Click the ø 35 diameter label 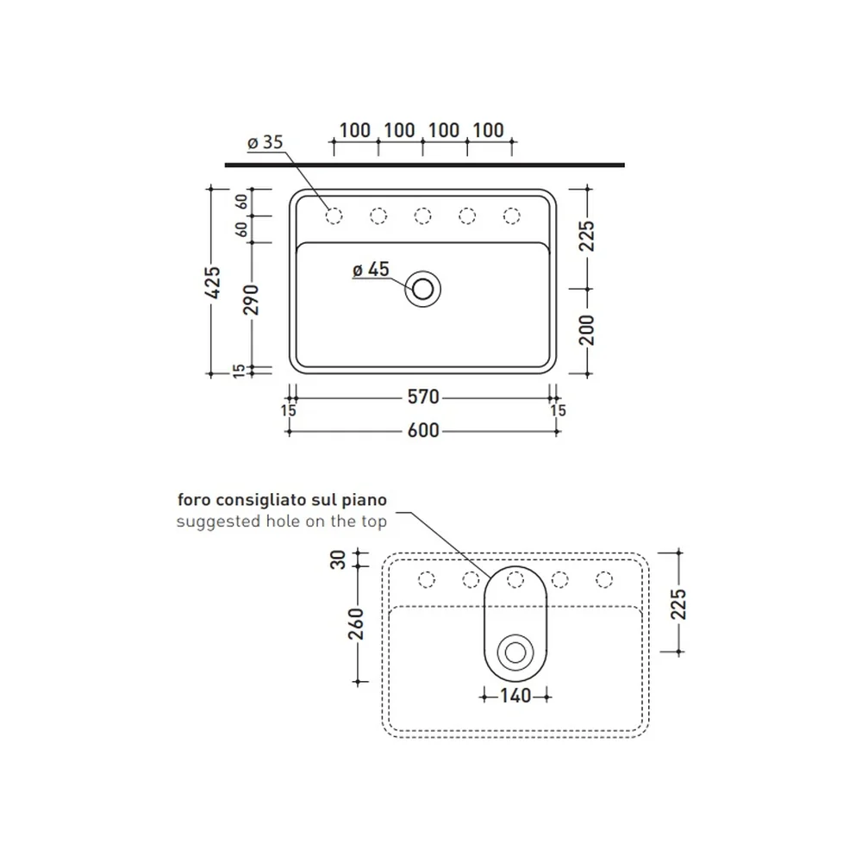(265, 142)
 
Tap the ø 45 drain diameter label (371, 269)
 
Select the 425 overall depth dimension (213, 283)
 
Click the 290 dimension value (251, 300)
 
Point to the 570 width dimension (423, 397)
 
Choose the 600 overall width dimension (423, 430)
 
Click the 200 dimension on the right (587, 330)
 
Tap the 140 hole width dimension (515, 696)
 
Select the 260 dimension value (356, 624)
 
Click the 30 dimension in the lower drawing (338, 559)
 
